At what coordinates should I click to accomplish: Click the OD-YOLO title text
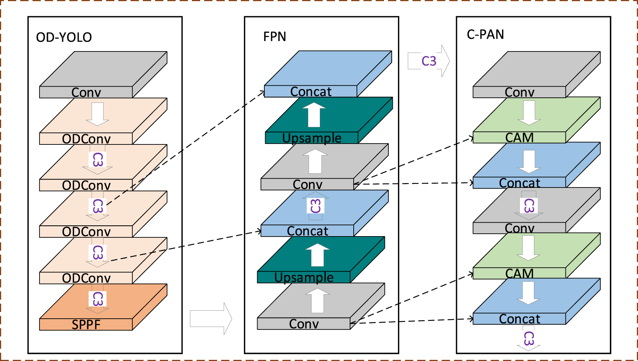click(x=64, y=37)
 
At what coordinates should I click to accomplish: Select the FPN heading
click(x=274, y=37)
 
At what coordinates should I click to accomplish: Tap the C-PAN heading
click(x=485, y=35)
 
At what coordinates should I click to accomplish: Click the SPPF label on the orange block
click(x=86, y=325)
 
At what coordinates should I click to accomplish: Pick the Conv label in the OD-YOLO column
click(x=86, y=93)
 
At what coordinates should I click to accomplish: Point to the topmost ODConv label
click(x=86, y=139)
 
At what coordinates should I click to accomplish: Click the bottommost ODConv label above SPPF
click(x=86, y=278)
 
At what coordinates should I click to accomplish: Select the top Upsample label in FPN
click(x=311, y=138)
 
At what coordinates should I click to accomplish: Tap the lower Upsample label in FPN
click(x=304, y=277)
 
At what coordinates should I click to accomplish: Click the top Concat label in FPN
click(x=311, y=92)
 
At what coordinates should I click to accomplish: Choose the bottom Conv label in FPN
click(x=304, y=324)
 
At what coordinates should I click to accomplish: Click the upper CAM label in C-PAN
click(x=519, y=138)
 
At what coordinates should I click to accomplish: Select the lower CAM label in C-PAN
click(x=519, y=274)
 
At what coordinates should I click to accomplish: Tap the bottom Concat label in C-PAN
click(x=519, y=319)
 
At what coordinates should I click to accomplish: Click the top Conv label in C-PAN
click(x=519, y=93)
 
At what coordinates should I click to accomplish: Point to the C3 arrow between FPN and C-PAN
click(x=429, y=61)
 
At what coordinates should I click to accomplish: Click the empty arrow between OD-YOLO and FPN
click(x=211, y=318)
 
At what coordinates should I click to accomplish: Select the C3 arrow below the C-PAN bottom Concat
click(x=529, y=338)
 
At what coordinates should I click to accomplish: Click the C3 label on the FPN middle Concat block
click(x=315, y=206)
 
